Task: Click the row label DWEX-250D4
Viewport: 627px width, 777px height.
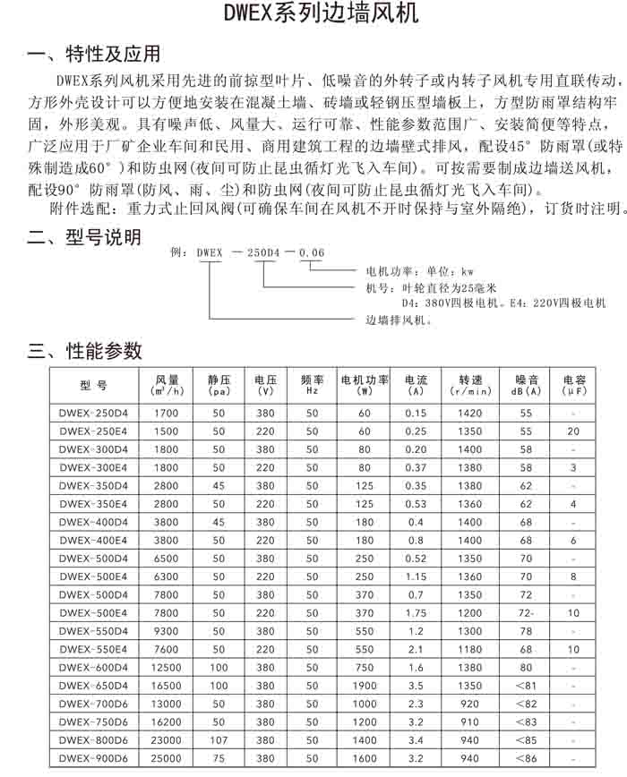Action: coord(93,413)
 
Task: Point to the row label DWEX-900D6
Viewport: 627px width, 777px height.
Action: coord(93,758)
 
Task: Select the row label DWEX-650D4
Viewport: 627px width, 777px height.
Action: coord(93,686)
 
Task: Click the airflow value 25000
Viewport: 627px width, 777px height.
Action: coord(167,758)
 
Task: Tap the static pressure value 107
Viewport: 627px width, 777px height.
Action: coord(219,740)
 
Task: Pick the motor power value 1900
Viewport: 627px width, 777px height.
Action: coord(365,686)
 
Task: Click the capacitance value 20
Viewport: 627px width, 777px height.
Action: coord(573,431)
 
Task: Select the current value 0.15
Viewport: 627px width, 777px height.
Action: coord(416,413)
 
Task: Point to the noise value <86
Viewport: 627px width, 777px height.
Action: coord(526,758)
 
